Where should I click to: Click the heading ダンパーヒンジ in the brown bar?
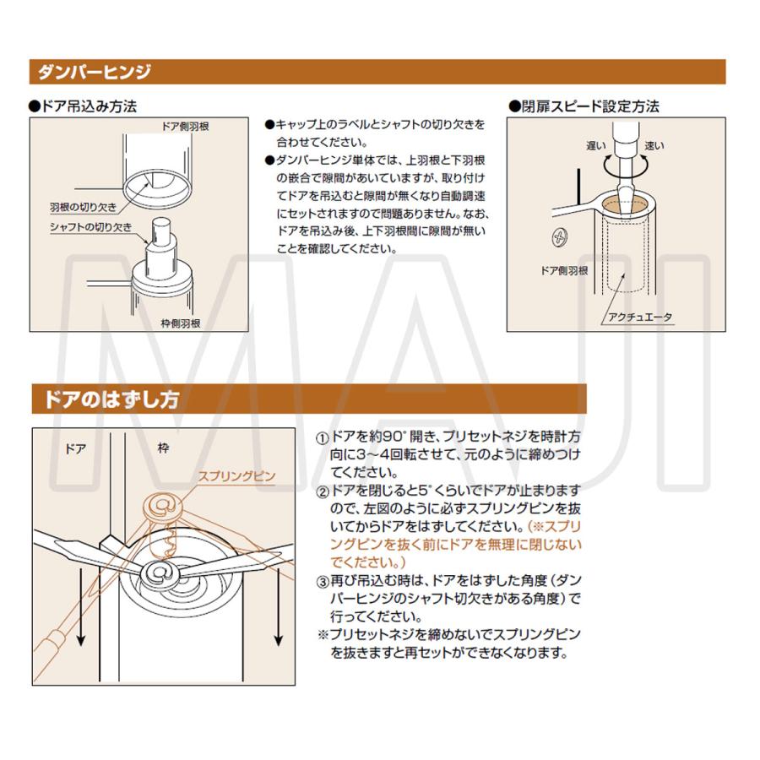(93, 72)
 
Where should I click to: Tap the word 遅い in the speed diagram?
(594, 146)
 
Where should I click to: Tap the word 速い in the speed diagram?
(654, 146)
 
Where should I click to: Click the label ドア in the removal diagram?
(75, 448)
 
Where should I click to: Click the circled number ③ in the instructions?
(323, 582)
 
